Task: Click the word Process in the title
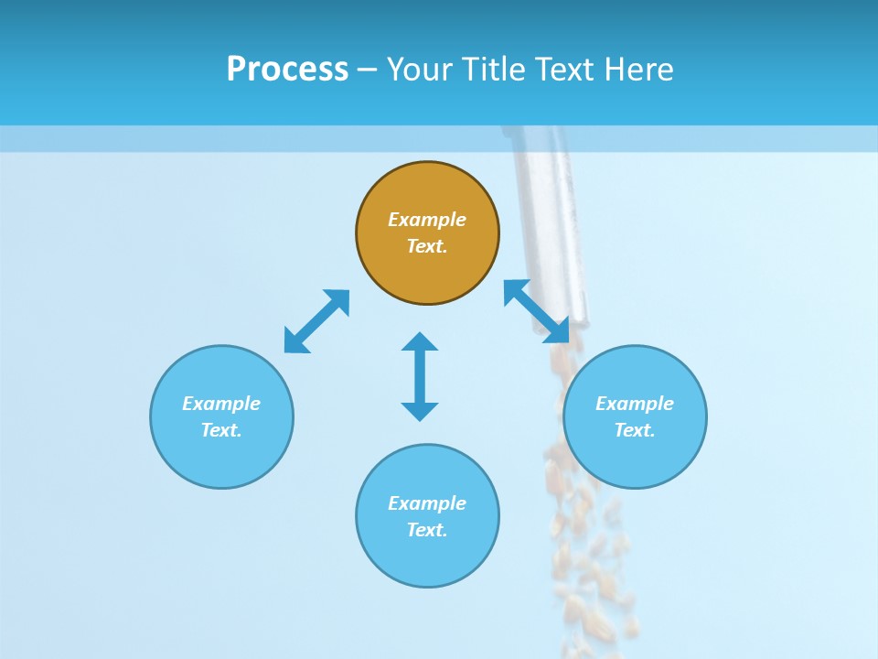287,70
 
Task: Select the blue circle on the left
221,458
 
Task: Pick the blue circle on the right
635,458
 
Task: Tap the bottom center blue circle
427,558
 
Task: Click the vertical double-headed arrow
420,376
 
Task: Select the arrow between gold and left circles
316,321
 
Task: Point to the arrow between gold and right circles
537,311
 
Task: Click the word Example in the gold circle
427,220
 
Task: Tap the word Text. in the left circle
221,430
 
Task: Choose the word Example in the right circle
635,404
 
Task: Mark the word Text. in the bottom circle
427,530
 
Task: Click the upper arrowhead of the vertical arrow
420,341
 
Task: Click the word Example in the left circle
221,404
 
